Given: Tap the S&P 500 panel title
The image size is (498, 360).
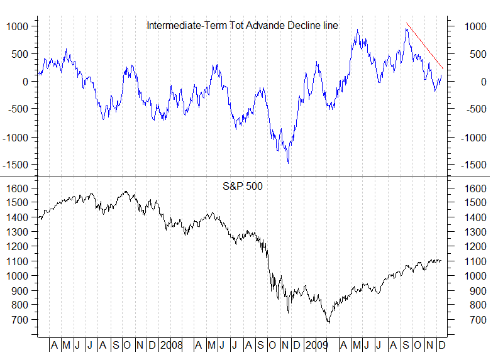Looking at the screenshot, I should [242, 186].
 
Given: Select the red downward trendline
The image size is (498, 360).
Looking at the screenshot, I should [425, 46].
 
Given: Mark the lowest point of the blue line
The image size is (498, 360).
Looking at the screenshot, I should [288, 163].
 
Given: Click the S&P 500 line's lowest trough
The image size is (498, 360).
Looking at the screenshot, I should [328, 323].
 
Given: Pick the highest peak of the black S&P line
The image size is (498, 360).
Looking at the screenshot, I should [126, 192].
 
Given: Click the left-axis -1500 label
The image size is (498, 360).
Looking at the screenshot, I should [16, 165].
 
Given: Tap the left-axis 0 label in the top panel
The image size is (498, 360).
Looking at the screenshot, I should [25, 82].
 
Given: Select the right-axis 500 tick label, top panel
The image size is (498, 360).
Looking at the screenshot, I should [472, 54].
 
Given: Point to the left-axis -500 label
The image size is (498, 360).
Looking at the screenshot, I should [18, 109].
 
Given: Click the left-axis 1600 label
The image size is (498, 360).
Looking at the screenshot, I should [18, 188].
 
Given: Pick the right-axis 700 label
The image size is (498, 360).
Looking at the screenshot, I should [470, 320].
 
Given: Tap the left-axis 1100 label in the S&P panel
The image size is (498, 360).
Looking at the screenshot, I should [18, 261].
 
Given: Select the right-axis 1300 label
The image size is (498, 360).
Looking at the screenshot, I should [472, 232].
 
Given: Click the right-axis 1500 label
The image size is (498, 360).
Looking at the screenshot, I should [472, 203].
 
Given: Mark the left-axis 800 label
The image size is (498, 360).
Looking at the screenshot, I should [21, 305].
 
